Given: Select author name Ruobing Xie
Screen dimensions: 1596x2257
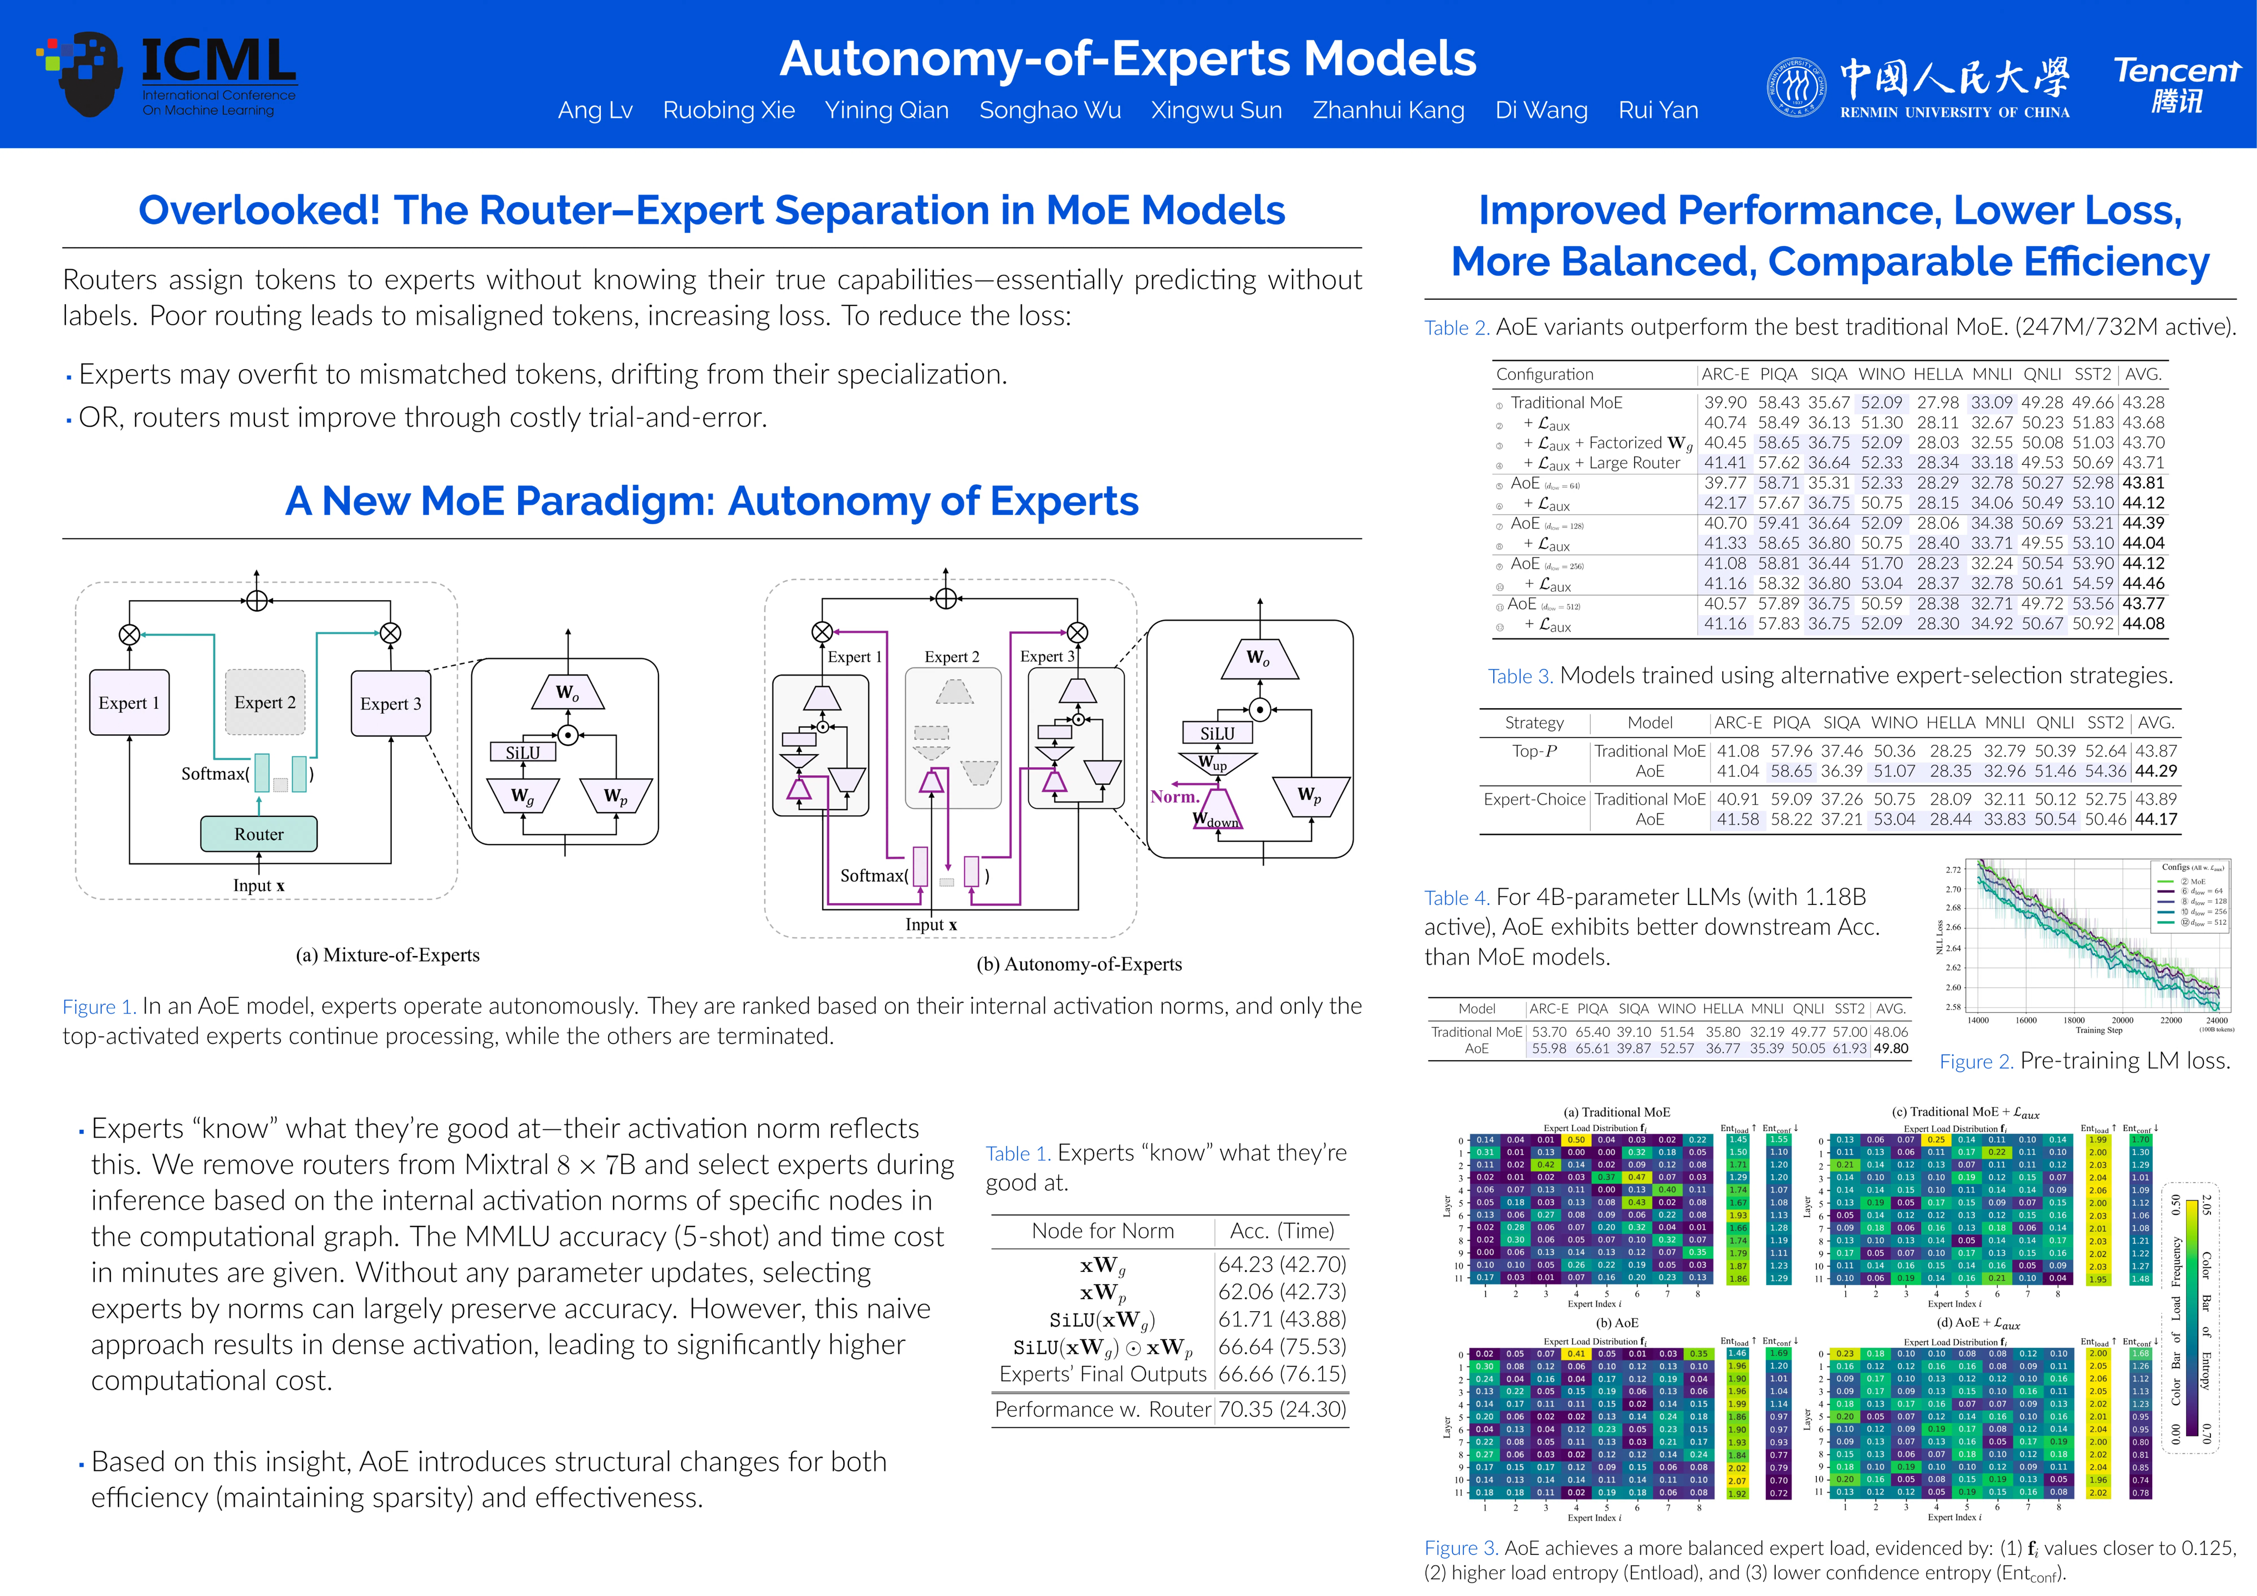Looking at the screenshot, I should [x=728, y=110].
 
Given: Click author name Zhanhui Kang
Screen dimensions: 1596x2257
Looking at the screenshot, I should [x=1388, y=110].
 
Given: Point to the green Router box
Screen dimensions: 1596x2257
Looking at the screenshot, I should [x=258, y=833].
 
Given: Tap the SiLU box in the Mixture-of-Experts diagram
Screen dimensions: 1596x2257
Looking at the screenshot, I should [x=523, y=753].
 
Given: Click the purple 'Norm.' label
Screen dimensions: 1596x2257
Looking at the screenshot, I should [x=1174, y=796].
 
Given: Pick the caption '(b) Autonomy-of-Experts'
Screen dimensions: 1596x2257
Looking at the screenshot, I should [x=1079, y=964].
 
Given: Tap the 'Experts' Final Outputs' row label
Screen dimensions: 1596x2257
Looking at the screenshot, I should [x=1102, y=1374].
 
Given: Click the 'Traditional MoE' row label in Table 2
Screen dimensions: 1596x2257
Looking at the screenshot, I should [x=1566, y=402].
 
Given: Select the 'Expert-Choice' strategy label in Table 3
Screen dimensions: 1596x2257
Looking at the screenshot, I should [x=1534, y=799].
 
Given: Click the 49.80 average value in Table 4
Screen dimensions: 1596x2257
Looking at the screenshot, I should [x=1891, y=1048].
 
